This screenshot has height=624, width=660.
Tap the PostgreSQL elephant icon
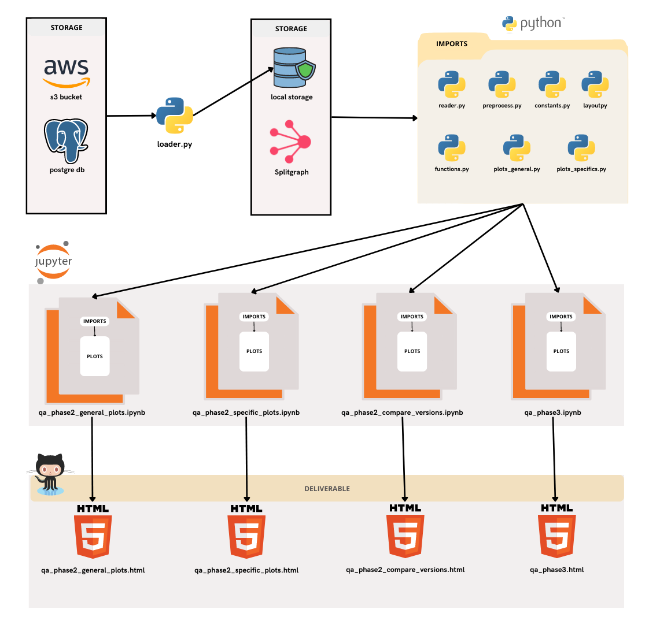click(67, 140)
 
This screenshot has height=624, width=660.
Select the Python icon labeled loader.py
click(174, 116)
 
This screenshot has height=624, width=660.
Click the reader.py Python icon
click(452, 85)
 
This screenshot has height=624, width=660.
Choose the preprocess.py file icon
click(502, 85)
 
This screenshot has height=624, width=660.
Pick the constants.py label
click(552, 106)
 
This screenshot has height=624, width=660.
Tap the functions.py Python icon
click(452, 148)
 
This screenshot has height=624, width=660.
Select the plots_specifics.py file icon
click(581, 148)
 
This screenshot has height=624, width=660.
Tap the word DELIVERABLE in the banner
click(327, 489)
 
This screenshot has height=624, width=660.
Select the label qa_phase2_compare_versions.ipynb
click(402, 413)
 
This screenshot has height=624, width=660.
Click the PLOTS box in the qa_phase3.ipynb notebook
click(561, 351)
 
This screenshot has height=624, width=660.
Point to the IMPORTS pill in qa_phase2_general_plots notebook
click(95, 321)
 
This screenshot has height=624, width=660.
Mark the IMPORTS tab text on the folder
click(452, 44)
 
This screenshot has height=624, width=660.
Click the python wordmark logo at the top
click(533, 24)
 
